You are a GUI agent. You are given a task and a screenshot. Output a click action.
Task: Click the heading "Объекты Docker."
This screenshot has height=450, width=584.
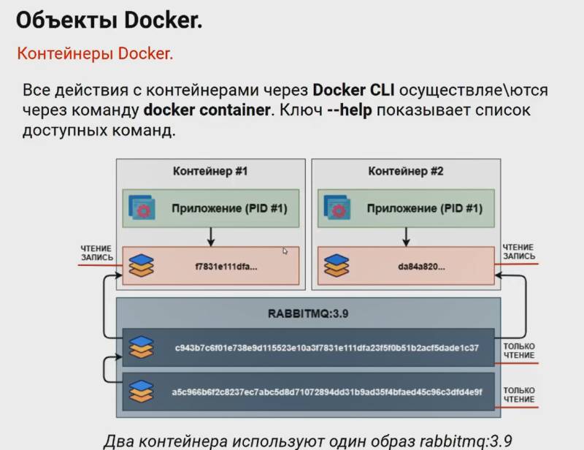(109, 21)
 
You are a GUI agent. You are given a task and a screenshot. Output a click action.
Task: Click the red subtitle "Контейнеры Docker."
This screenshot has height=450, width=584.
(95, 54)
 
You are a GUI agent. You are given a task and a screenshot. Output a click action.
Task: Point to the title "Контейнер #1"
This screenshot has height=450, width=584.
(210, 172)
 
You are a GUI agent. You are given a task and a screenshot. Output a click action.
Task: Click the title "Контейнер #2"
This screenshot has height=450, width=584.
(405, 172)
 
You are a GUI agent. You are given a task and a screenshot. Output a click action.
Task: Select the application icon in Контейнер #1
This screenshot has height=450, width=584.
(145, 208)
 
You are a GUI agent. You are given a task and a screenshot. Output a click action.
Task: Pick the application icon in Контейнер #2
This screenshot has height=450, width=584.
(337, 208)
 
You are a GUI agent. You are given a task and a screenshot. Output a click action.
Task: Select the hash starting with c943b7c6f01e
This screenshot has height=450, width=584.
(326, 348)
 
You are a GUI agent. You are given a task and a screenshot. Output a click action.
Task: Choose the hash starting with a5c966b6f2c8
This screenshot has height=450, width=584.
(326, 390)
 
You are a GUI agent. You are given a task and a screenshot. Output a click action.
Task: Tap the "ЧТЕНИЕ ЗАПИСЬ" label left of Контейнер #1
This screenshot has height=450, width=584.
(96, 252)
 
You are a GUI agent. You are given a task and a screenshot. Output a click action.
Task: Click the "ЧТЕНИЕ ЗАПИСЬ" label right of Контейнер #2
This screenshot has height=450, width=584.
(518, 252)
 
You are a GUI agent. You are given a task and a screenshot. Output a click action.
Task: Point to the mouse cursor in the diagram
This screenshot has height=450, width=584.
(285, 251)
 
